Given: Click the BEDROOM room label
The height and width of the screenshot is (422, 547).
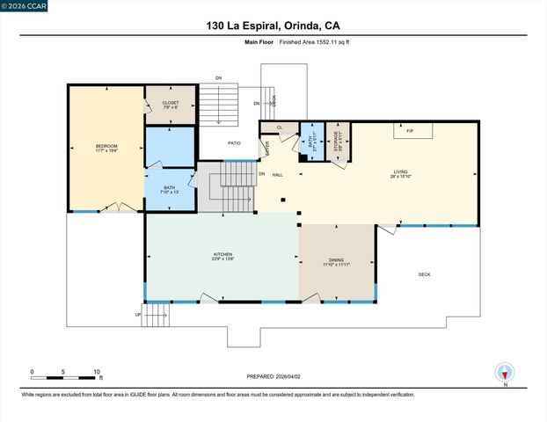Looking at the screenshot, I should (106, 147).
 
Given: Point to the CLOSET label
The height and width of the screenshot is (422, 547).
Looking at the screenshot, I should (171, 104).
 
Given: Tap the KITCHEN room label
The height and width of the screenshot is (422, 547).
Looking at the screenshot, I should (222, 256).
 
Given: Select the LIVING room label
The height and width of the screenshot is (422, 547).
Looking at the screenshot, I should (400, 173).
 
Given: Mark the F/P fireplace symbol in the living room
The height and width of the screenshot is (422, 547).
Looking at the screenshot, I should (409, 131).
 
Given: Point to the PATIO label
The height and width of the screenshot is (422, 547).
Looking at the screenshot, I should (234, 142).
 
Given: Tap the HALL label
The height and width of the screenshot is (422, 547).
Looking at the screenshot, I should (277, 175).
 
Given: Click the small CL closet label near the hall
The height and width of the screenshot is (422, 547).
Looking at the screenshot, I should (279, 128).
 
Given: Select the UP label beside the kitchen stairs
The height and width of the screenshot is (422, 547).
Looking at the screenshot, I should (137, 314).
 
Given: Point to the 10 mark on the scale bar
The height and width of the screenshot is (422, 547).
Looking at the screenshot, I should (97, 371).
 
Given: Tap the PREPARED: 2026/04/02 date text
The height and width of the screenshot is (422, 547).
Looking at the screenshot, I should (273, 375).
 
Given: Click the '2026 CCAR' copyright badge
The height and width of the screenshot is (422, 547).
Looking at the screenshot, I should (25, 5).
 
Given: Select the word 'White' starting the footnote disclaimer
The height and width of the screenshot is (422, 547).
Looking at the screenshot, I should (31, 396).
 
